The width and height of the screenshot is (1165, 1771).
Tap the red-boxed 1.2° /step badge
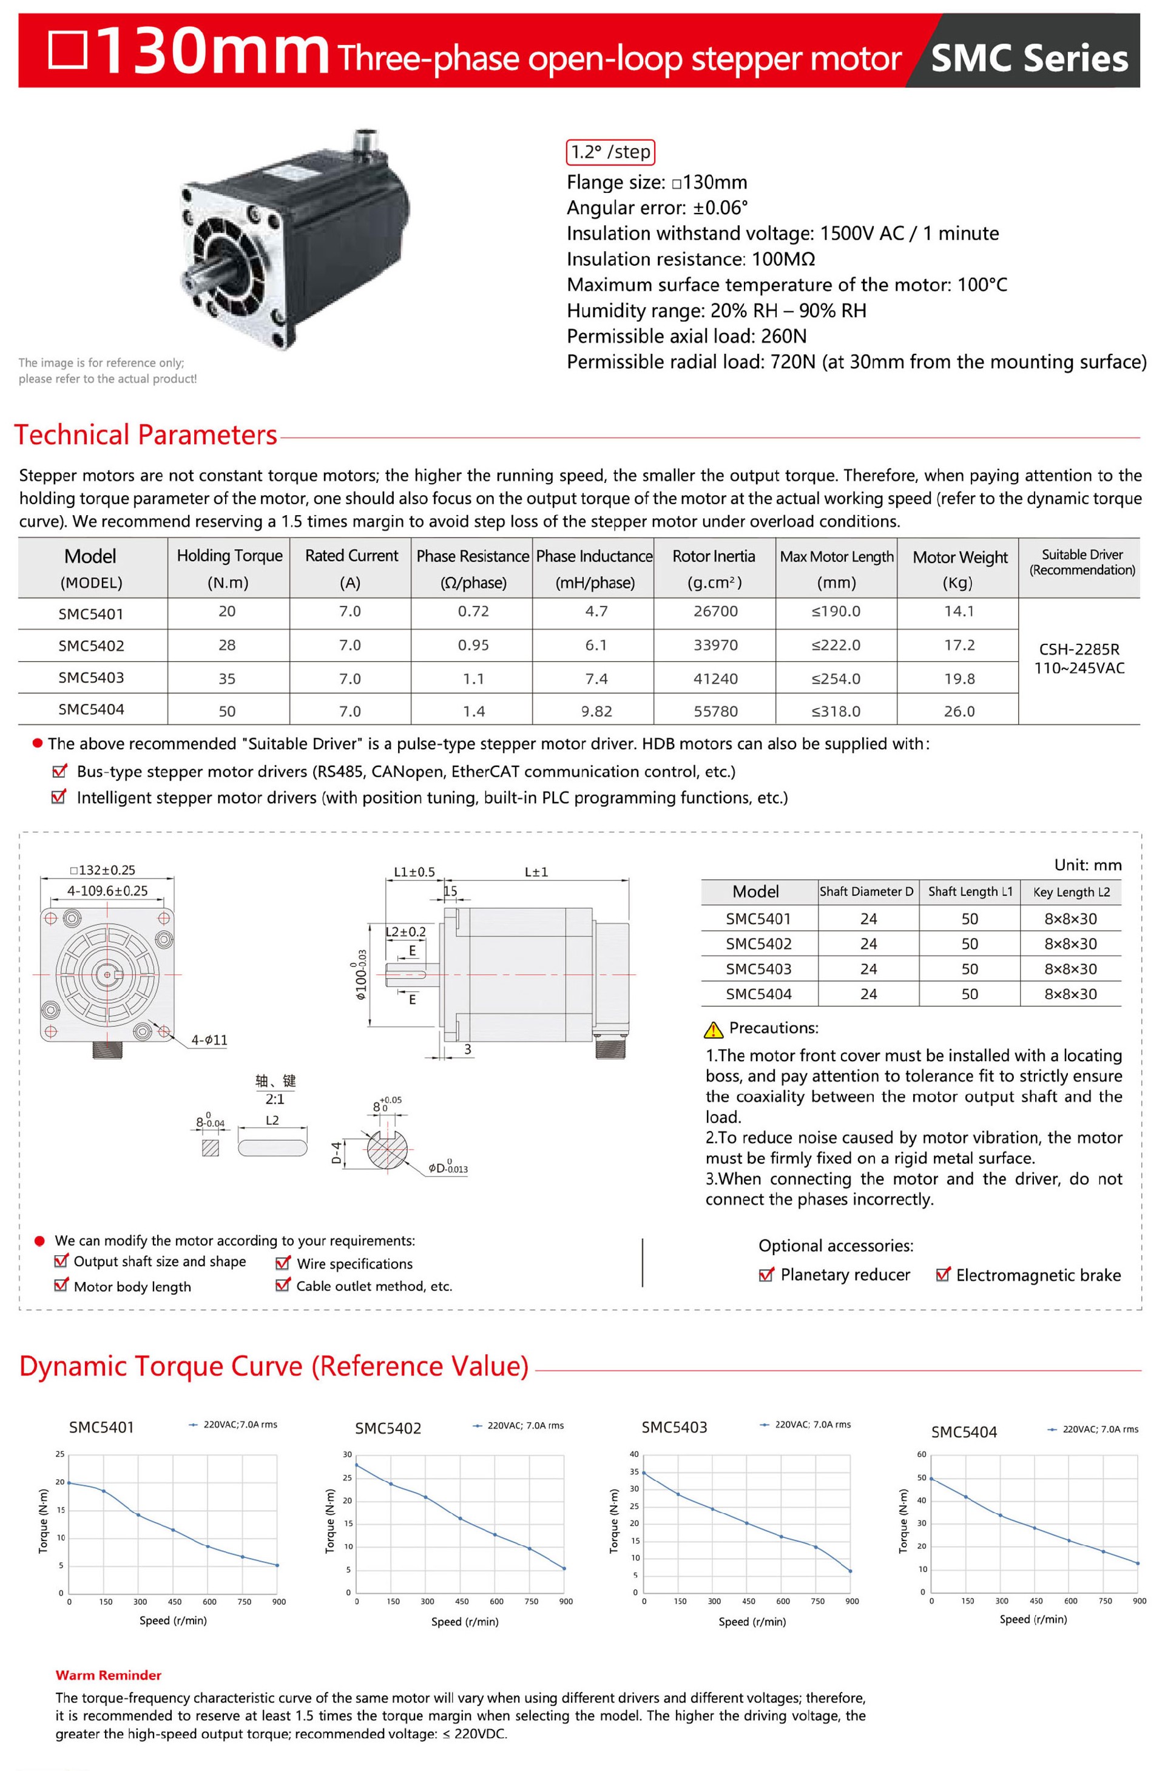click(610, 152)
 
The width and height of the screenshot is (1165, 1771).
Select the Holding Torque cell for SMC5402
click(227, 645)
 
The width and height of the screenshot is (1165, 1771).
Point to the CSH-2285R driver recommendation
click(1079, 649)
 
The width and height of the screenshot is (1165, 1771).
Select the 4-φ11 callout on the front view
click(209, 1039)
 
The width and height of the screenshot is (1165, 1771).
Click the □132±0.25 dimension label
click(103, 870)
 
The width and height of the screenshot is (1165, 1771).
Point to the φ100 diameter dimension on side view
click(360, 975)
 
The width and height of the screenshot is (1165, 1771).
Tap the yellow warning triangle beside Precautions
click(712, 1029)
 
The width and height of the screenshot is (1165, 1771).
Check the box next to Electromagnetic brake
click(942, 1275)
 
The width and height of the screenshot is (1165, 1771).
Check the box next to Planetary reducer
click(765, 1275)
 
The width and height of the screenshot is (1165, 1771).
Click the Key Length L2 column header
click(1070, 891)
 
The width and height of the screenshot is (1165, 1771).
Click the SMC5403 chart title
click(674, 1427)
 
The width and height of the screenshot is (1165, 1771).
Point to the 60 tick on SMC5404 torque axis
click(922, 1454)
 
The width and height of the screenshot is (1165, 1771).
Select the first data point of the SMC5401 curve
click(69, 1482)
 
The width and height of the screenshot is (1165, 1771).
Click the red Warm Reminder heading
click(108, 1675)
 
